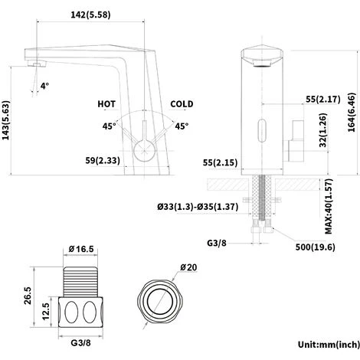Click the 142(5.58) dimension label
point(90,15)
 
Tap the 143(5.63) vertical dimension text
point(6,120)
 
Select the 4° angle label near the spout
point(44,86)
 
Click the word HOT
point(106,104)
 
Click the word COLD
point(182,104)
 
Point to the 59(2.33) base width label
point(103,160)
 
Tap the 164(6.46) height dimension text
point(352,113)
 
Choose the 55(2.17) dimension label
point(323,99)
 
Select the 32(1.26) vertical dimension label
point(323,130)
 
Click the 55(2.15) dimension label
point(220,162)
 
